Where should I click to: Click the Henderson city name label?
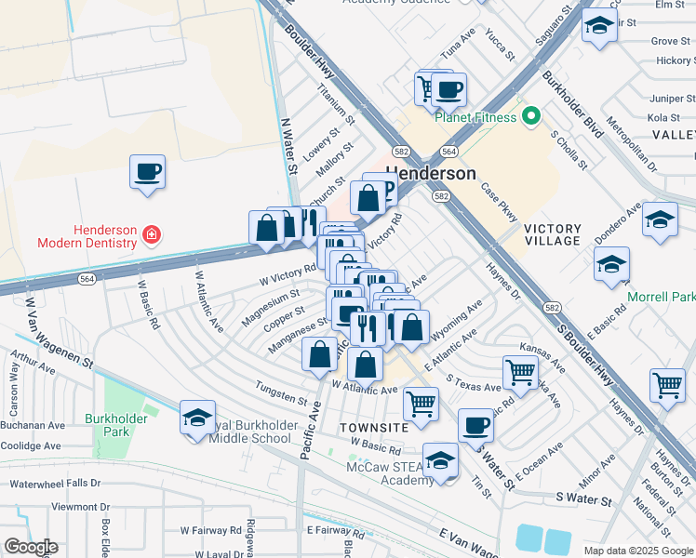pyautogui.click(x=430, y=174)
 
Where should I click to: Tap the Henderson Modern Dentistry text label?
pyautogui.click(x=87, y=236)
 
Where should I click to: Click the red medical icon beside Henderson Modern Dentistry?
pyautogui.click(x=152, y=236)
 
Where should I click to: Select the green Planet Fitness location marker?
pyautogui.click(x=531, y=117)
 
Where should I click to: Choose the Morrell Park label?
pyautogui.click(x=662, y=297)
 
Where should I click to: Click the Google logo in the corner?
pyautogui.click(x=31, y=547)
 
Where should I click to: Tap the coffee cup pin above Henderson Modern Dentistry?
pyautogui.click(x=148, y=172)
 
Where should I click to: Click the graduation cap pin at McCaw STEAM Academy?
pyautogui.click(x=440, y=460)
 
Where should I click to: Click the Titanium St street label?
pyautogui.click(x=336, y=106)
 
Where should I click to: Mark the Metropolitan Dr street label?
pyautogui.click(x=631, y=145)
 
